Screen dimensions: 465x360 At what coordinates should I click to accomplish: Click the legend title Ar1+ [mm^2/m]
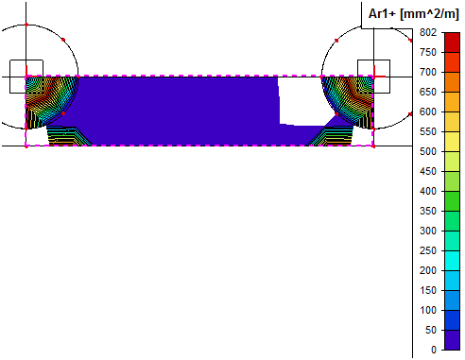413,14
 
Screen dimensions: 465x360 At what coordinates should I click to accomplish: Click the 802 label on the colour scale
428,32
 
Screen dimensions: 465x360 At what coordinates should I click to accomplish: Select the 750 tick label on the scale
428,52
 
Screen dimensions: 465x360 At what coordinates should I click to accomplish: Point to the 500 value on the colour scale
428,151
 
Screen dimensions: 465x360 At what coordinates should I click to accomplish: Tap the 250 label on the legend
428,250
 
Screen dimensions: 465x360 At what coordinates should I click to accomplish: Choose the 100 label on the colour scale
428,310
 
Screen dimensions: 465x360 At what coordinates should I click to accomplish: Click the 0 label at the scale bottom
434,350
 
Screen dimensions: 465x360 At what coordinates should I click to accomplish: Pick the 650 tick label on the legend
428,92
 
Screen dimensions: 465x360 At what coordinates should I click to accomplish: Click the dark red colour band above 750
452,43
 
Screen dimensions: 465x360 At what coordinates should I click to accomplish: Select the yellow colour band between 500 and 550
452,142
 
